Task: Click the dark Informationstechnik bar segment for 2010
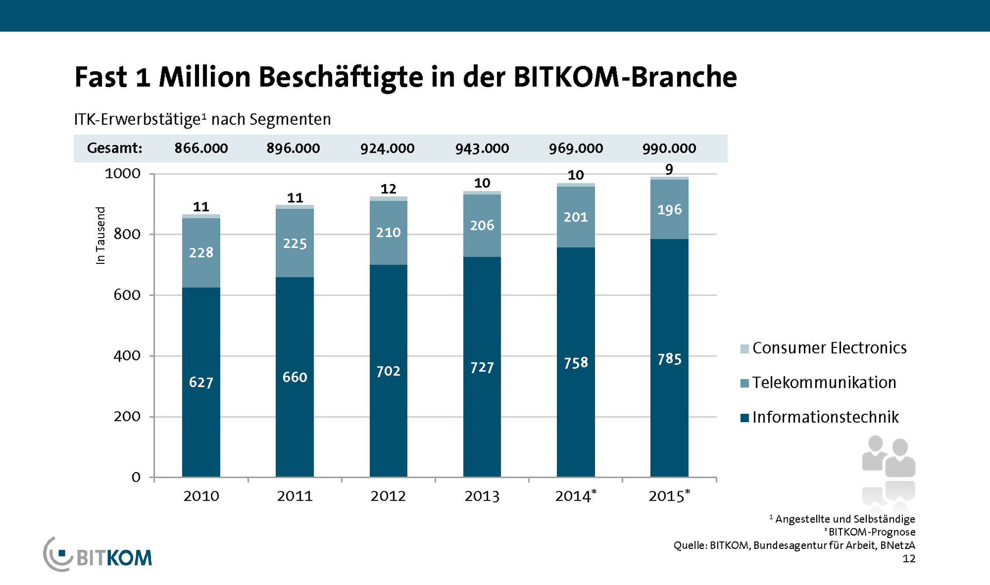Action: coord(201,381)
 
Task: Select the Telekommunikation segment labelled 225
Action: coord(294,243)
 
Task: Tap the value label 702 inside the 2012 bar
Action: coord(388,371)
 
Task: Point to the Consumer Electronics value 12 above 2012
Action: coord(388,189)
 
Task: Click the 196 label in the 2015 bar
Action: coord(669,210)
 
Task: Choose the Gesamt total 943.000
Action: coord(482,148)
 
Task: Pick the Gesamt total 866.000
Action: coord(201,148)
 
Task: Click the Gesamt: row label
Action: coord(114,148)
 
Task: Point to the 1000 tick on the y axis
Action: coord(123,174)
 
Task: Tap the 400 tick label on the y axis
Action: coord(127,356)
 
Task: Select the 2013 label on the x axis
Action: coord(482,496)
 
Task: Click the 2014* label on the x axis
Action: coord(575,496)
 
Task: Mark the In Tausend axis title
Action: coord(101,236)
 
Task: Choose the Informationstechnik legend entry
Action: coord(825,417)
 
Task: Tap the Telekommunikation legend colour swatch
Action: coord(745,383)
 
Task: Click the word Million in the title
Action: coord(205,77)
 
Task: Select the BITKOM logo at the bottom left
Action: coord(98,555)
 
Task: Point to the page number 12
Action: coord(909,559)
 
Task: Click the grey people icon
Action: coord(888,466)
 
